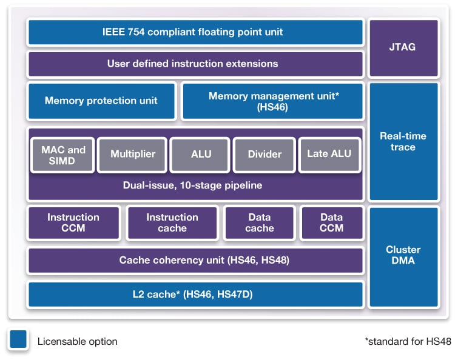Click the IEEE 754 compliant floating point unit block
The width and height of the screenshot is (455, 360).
click(x=195, y=32)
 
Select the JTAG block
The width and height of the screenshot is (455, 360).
click(x=403, y=48)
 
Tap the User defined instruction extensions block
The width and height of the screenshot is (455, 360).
click(x=195, y=64)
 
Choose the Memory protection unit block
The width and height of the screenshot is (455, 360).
click(x=101, y=101)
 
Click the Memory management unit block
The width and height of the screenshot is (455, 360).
click(x=272, y=101)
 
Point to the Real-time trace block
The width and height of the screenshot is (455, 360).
click(x=403, y=141)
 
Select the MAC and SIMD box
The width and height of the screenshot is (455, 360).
click(x=64, y=155)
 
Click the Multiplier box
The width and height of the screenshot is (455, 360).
click(x=133, y=155)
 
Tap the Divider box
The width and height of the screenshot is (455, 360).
click(x=265, y=155)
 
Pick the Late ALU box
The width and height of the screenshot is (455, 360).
click(x=329, y=155)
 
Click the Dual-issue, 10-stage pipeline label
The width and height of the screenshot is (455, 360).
click(x=195, y=185)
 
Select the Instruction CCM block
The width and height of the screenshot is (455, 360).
click(x=73, y=222)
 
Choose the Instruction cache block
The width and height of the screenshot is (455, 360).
click(x=172, y=222)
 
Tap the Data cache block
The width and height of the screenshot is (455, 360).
click(x=260, y=222)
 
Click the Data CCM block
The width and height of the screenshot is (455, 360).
click(x=331, y=222)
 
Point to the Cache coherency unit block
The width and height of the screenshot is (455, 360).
click(x=195, y=260)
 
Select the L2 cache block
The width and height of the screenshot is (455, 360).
click(x=195, y=294)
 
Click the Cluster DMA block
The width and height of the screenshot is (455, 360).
click(x=403, y=256)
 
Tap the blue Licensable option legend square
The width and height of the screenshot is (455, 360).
click(x=18, y=340)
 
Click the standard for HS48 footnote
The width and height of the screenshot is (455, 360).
click(x=408, y=342)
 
